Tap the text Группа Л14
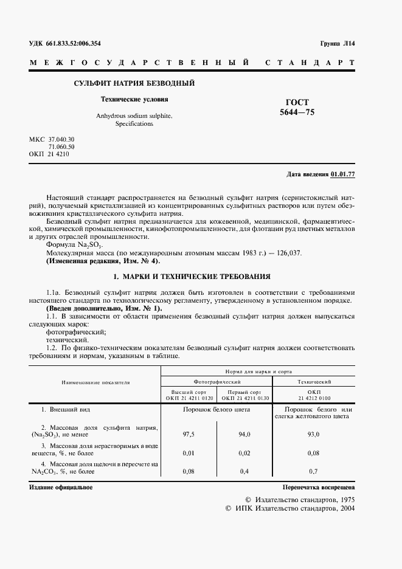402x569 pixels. (x=336, y=43)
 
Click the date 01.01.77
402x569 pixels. (x=343, y=174)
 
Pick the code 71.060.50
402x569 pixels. (x=61, y=147)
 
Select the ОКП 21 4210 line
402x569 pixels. (x=49, y=154)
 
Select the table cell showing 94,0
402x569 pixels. (x=244, y=435)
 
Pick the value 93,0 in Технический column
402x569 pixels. (x=314, y=435)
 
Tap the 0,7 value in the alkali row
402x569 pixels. (x=314, y=471)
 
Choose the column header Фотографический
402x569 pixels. (x=216, y=381)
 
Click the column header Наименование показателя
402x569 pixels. (x=95, y=383)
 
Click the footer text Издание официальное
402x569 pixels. (x=61, y=488)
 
